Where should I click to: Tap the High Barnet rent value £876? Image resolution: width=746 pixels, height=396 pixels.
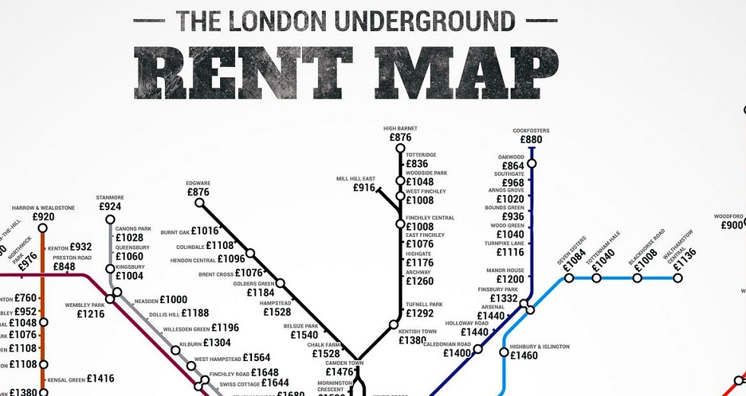400,138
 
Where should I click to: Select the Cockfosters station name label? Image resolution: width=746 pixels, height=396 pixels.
531,131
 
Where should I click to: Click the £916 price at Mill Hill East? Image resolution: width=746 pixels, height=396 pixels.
365,188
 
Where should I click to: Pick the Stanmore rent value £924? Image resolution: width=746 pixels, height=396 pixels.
110,206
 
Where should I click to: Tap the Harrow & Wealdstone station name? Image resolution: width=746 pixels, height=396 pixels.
43,208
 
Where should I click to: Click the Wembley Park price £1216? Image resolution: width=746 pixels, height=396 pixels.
91,314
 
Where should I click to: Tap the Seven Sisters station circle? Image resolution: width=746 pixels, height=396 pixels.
567,278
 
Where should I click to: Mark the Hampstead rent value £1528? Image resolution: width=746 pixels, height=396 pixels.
276,312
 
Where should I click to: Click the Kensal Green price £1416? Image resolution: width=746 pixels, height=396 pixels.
100,378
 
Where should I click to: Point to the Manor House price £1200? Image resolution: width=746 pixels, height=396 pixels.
510,279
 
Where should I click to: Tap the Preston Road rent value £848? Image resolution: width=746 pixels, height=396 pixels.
64,267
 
